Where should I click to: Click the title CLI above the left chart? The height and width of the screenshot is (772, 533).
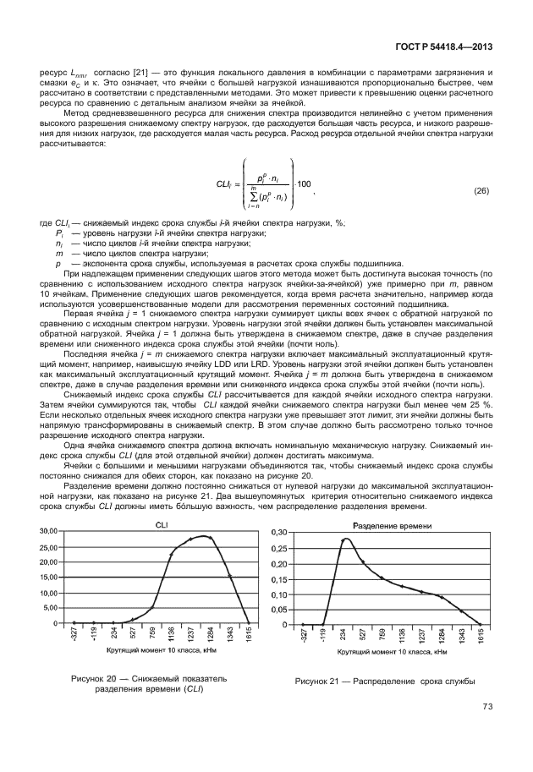[x=160, y=525]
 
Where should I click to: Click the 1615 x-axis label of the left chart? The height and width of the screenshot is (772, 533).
[x=248, y=637]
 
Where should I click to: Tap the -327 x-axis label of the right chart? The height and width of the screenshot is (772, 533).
[x=303, y=637]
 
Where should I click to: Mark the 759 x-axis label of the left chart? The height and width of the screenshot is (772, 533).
[x=152, y=637]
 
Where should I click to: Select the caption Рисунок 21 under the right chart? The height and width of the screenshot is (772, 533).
[x=385, y=681]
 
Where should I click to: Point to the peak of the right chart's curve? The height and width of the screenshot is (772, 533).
[x=345, y=539]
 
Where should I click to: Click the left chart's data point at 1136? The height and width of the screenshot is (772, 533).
[x=172, y=555]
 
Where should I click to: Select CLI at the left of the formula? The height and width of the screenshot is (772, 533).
[x=223, y=184]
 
